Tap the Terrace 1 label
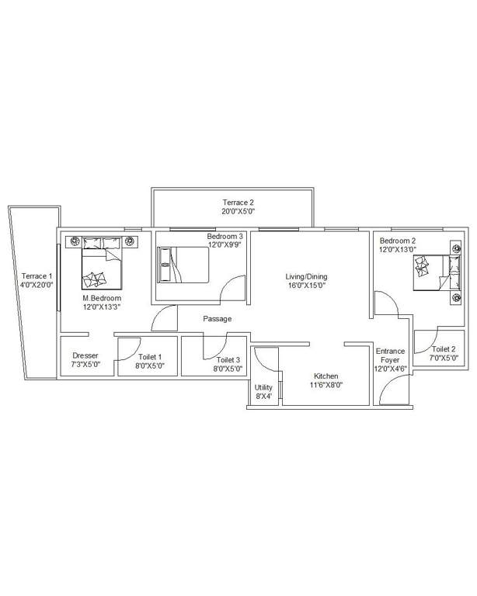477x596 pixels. tap(37, 276)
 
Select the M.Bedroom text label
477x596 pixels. tap(102, 298)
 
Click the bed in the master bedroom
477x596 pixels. tap(103, 263)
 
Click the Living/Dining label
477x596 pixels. tap(305, 277)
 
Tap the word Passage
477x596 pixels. tap(217, 319)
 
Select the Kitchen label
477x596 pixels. tap(326, 376)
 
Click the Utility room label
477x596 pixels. tap(263, 387)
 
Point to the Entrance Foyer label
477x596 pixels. tap(390, 355)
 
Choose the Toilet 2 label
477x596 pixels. tap(444, 349)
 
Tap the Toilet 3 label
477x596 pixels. tap(228, 360)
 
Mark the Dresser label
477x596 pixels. tap(85, 355)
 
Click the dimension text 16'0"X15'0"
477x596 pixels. tap(305, 286)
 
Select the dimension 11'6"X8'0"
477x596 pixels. tap(326, 384)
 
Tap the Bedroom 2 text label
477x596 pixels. tap(398, 241)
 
